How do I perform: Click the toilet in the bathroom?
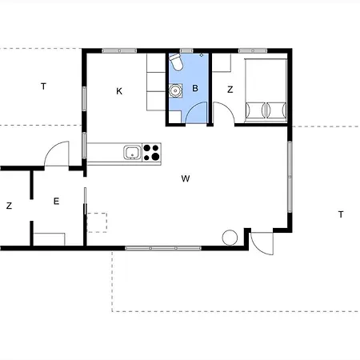click(x=176, y=62)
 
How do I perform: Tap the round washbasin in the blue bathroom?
click(x=175, y=90)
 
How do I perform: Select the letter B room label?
click(x=195, y=88)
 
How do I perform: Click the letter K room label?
click(x=119, y=91)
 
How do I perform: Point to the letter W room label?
click(x=186, y=178)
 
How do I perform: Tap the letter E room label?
click(x=56, y=201)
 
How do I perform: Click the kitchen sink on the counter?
click(x=133, y=153)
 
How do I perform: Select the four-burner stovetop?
click(x=151, y=153)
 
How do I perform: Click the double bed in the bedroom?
click(x=266, y=90)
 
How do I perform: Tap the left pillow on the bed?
click(x=256, y=110)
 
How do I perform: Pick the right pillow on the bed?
click(x=277, y=110)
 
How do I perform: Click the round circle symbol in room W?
click(x=230, y=238)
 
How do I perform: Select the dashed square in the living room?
click(x=97, y=222)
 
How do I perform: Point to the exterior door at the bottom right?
click(x=262, y=243)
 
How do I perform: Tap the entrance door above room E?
click(x=57, y=154)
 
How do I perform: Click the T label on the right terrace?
click(x=341, y=214)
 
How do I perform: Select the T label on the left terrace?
click(x=43, y=86)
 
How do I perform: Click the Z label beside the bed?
click(x=230, y=90)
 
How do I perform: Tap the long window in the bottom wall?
click(x=163, y=248)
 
